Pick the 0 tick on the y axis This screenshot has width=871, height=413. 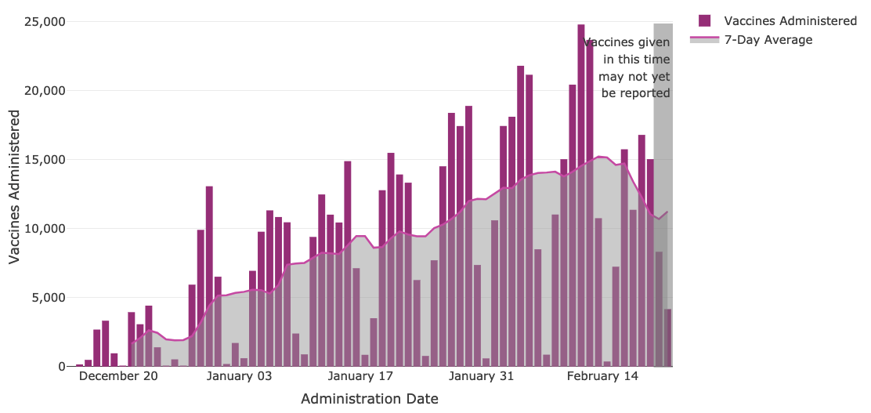61,367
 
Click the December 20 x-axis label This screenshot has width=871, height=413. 118,376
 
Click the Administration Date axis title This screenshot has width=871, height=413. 369,399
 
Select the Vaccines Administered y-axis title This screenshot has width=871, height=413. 15,187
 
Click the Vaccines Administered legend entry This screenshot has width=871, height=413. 790,21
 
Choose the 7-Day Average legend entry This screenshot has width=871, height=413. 768,40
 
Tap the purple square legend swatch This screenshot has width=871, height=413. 704,21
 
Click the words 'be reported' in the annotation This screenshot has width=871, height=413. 635,93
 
